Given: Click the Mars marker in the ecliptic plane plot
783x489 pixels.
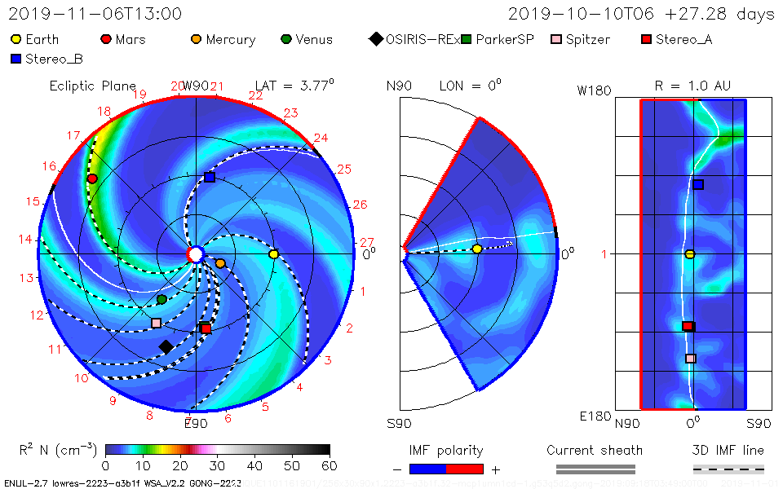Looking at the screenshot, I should [92, 178].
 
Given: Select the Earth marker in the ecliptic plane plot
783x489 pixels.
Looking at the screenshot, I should [274, 254].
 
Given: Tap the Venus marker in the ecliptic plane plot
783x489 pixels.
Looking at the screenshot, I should [161, 299].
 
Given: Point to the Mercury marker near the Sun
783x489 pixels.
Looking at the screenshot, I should [220, 263].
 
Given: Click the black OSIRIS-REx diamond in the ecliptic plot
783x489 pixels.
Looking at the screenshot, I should [166, 346].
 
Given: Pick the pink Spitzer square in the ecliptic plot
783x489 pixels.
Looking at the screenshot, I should [156, 323].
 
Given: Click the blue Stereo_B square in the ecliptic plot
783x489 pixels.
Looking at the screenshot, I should [210, 177].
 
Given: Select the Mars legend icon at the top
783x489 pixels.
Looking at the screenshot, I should [105, 39].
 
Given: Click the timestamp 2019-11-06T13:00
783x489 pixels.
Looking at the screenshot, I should [95, 14].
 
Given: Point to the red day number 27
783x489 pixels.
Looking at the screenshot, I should [366, 242].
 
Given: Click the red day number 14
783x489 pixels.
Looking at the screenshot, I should [27, 240].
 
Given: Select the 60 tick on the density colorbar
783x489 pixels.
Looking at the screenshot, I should [330, 465].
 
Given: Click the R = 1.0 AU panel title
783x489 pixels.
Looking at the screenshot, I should [692, 86].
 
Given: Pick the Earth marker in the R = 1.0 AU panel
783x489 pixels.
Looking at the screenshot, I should [690, 254].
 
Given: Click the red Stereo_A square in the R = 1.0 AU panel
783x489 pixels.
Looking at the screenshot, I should [688, 326].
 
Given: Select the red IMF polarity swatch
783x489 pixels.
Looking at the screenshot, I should [465, 469].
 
